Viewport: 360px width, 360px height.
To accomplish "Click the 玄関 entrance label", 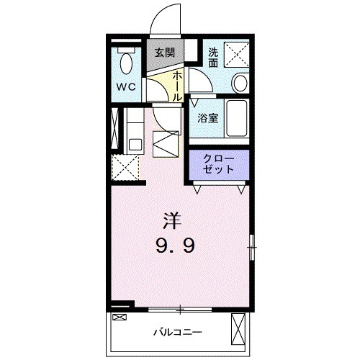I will click(166, 53).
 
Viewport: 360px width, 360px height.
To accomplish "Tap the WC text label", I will click(127, 86).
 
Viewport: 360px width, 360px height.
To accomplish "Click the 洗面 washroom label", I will click(214, 57).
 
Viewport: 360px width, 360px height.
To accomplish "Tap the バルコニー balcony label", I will click(177, 332).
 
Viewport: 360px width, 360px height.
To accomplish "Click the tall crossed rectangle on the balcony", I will click(239, 330).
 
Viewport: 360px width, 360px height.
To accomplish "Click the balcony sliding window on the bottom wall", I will click(180, 310).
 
